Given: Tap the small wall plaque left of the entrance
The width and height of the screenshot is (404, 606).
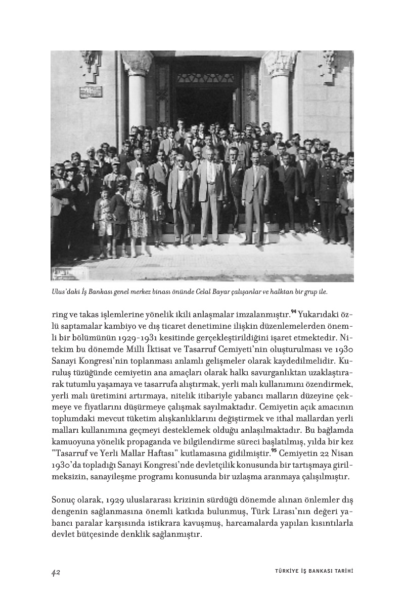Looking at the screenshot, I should tap(91, 92).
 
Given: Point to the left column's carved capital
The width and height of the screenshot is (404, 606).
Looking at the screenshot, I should tap(137, 63).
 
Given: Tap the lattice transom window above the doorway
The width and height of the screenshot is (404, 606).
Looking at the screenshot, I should tap(208, 77).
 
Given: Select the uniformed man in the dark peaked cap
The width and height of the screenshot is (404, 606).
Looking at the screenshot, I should tap(324, 197).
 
